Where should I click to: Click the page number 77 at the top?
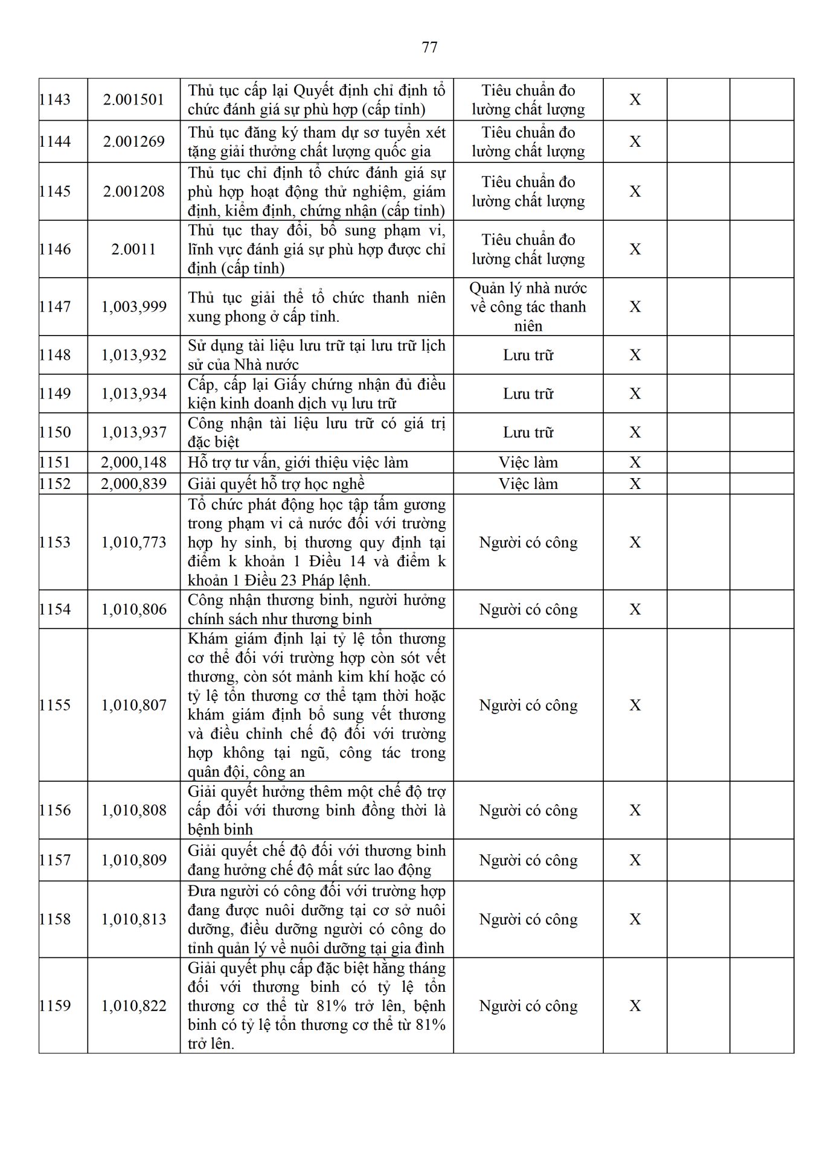(x=429, y=48)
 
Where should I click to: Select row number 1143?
(x=55, y=100)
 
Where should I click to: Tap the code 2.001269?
(x=133, y=142)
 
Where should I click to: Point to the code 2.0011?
(x=133, y=249)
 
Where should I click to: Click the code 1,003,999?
(x=133, y=307)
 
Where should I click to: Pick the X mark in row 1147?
(x=635, y=307)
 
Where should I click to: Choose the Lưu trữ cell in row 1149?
(x=528, y=394)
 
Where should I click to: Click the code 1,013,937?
(x=133, y=433)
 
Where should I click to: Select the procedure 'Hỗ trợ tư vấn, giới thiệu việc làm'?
(x=298, y=463)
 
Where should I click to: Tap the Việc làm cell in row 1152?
(x=528, y=484)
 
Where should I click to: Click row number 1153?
(x=55, y=543)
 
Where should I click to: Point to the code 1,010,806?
(x=133, y=610)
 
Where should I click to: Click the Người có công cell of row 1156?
(x=528, y=811)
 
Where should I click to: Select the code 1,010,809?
(x=133, y=860)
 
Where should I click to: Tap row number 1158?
(x=55, y=919)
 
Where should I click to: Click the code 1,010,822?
(x=133, y=1006)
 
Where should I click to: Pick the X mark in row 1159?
(x=635, y=1006)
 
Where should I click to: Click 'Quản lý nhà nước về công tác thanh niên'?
(x=528, y=307)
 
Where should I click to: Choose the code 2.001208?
(x=133, y=192)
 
